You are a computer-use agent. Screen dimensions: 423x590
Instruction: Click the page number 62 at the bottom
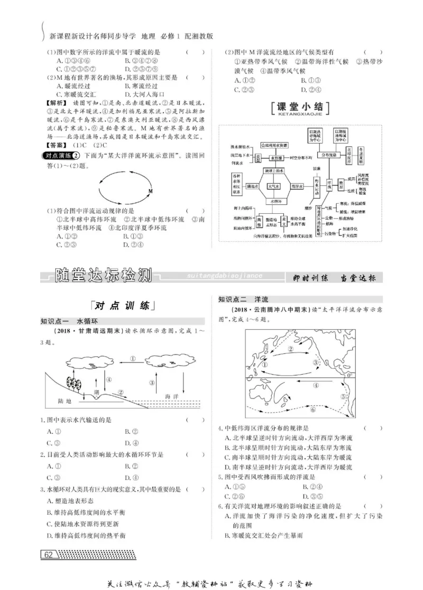[48, 555]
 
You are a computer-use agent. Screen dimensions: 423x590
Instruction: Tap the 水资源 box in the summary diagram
[274, 158]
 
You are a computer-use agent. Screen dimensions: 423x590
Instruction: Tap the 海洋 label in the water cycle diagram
[173, 396]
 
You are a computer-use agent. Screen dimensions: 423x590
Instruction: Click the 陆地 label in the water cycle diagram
[66, 401]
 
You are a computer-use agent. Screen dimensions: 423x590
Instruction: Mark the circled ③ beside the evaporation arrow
[152, 383]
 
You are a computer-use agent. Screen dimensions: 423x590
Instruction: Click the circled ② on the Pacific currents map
[290, 349]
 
